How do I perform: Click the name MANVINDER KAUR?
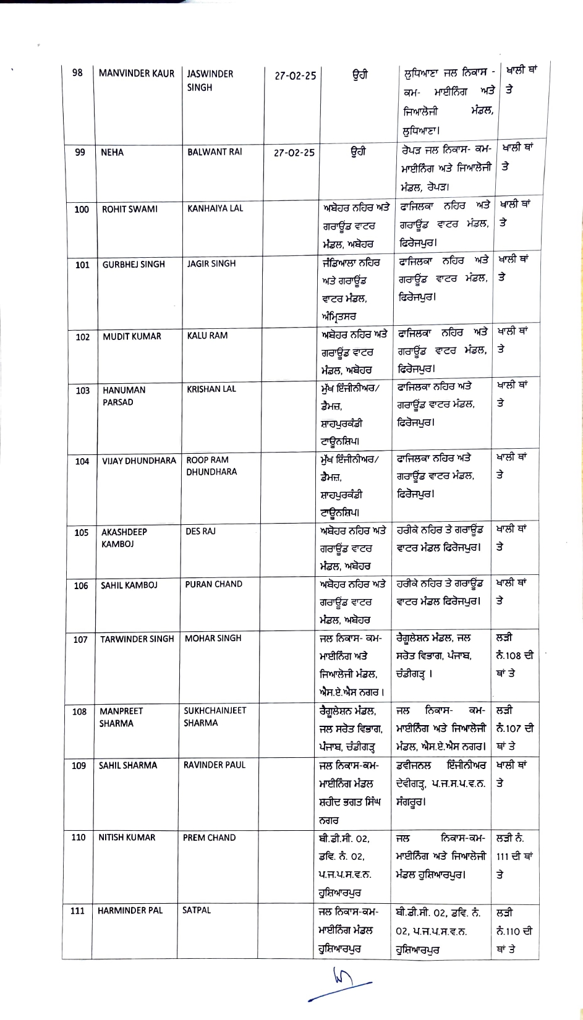137,74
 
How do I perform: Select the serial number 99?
80,153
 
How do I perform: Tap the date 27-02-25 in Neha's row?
294,153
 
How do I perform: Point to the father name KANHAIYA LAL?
215,208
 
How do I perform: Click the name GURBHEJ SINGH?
134,264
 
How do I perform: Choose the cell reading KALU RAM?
207,336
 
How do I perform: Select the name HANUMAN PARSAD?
124,396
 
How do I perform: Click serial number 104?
82,461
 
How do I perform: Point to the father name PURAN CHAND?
213,584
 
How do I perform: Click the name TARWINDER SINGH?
137,639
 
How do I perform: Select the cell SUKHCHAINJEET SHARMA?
215,716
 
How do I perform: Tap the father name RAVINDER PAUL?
214,765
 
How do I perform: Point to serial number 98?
77,73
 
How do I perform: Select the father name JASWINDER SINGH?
210,80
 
